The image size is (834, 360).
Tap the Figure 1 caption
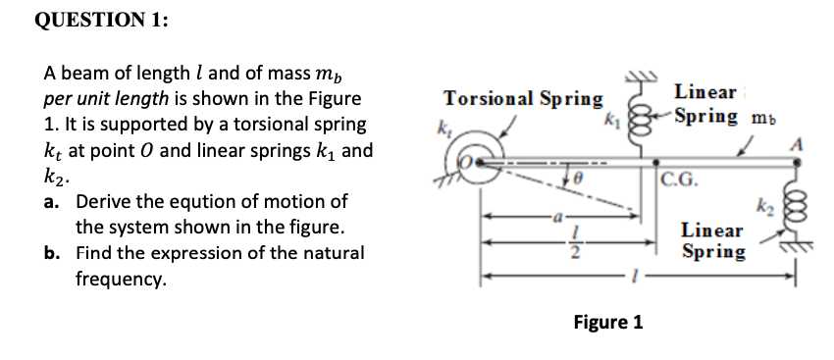point(608,322)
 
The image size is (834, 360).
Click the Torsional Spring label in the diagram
point(523,98)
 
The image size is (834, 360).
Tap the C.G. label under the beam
point(680,179)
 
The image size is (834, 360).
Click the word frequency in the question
point(121,279)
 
